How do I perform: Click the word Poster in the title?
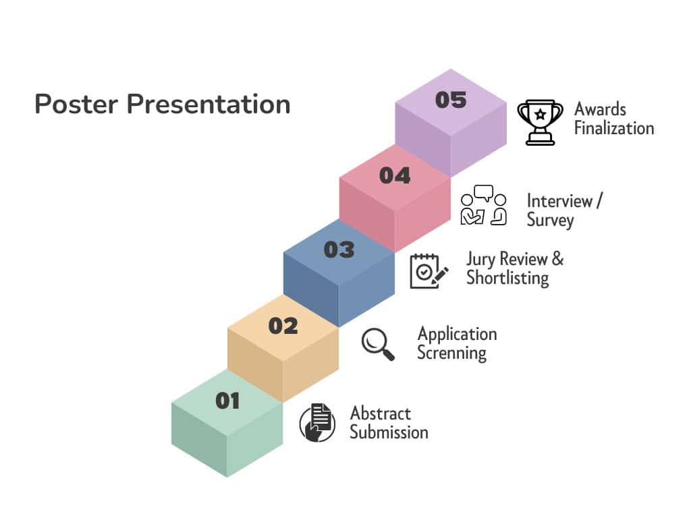(76, 105)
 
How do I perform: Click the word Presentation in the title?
(209, 105)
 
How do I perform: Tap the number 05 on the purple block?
(450, 100)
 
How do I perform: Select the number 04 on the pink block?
(394, 176)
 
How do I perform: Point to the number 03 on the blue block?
(339, 250)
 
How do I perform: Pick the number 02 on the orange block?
(283, 326)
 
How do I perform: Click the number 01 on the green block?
(227, 401)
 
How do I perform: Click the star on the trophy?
(541, 115)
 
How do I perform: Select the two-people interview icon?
(483, 205)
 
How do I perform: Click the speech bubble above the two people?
(483, 193)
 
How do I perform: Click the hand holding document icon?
(317, 423)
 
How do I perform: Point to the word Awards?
(600, 109)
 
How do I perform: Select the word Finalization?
(614, 129)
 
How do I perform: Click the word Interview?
(559, 201)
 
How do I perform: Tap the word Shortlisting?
(507, 279)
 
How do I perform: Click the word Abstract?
(381, 413)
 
